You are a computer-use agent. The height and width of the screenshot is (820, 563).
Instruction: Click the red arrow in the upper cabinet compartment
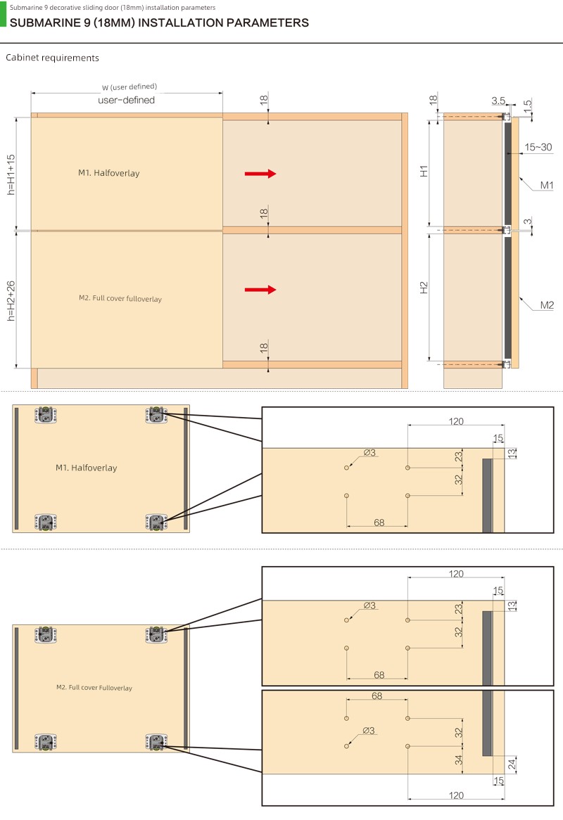260,174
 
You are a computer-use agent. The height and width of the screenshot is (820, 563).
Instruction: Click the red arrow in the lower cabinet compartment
260,290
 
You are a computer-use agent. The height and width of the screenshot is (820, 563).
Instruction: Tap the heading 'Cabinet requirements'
52,58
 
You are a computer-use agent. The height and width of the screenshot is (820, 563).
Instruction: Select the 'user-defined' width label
126,100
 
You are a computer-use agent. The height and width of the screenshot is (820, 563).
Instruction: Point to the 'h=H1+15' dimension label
11,174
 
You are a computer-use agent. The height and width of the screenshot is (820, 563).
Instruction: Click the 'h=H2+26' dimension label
11,301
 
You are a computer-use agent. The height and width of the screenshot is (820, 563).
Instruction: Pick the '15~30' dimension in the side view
538,148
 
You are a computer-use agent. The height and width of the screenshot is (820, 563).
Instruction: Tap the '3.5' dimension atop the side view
498,101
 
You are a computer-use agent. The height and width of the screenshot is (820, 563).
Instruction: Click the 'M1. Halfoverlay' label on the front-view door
109,173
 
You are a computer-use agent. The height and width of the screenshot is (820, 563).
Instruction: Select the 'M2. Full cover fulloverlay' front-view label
120,298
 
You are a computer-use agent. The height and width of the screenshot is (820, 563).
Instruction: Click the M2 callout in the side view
547,305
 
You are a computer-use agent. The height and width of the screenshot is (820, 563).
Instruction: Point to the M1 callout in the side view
547,185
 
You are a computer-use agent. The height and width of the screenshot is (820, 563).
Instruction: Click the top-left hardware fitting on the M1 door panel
46,415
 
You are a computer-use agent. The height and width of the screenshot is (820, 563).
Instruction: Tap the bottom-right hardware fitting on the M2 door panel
156,741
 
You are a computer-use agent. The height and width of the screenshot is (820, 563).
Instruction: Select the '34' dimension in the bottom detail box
459,760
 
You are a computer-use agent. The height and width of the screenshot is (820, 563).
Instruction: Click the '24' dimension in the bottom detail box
512,764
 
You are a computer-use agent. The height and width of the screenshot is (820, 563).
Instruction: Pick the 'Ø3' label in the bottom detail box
368,731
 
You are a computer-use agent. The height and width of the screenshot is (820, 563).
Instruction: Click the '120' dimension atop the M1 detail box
456,421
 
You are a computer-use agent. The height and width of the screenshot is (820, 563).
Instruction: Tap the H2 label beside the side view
424,288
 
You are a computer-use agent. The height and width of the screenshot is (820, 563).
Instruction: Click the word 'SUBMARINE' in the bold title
46,23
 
